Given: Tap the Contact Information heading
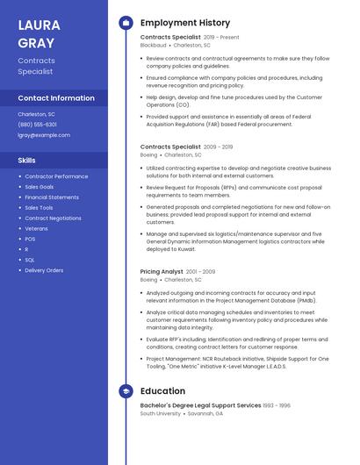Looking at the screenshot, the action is click(56, 98).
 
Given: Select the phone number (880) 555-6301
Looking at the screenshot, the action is click(37, 125).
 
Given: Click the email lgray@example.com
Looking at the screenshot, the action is click(44, 135).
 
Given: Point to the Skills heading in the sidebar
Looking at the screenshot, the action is click(27, 161).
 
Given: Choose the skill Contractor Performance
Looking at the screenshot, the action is click(56, 176).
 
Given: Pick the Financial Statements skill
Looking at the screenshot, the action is click(52, 197).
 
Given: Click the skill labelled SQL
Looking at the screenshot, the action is click(30, 260).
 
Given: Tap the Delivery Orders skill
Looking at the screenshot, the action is click(44, 270).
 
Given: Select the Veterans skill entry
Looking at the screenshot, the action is click(36, 228).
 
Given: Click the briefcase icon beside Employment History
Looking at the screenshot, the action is click(126, 23).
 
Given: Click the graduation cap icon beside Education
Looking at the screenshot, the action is click(126, 390).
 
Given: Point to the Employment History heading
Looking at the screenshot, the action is click(185, 23).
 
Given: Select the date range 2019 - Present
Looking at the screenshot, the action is click(221, 38).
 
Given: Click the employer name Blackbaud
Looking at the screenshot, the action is click(154, 45).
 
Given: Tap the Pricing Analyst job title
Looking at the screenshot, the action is click(162, 272).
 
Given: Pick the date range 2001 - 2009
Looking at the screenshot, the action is click(200, 272).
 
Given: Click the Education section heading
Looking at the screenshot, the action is click(162, 390).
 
